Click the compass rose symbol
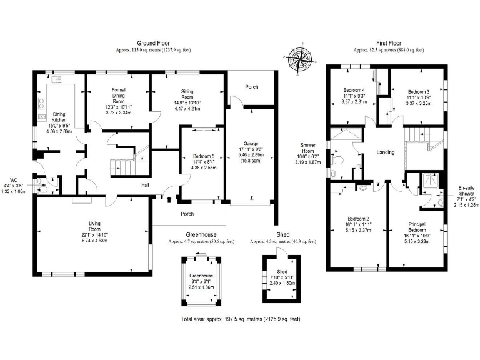[300, 59]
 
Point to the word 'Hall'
[144, 185]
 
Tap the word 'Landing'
[386, 152]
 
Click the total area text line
[241, 319]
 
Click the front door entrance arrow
[170, 199]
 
